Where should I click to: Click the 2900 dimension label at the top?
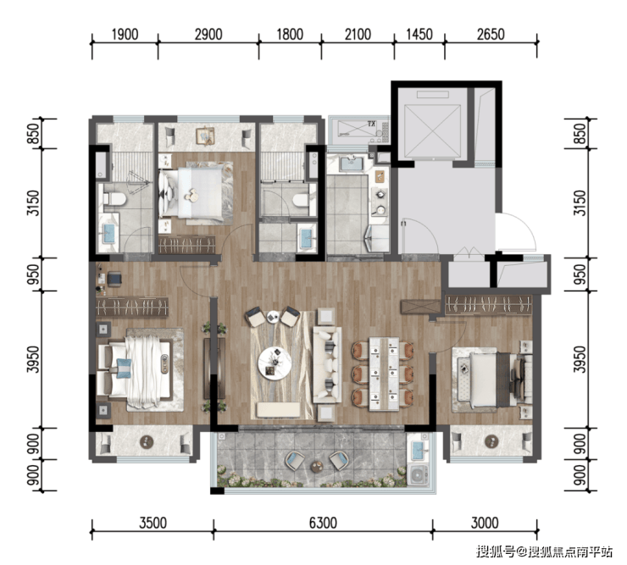click(x=208, y=35)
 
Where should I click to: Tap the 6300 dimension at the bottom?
click(x=323, y=523)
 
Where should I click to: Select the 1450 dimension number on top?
click(x=419, y=35)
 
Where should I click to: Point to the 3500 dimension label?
click(x=153, y=523)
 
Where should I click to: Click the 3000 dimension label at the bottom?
click(x=485, y=523)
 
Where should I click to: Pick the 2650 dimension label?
click(x=491, y=35)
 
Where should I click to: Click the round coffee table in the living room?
click(x=275, y=363)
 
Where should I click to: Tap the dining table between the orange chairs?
click(x=384, y=374)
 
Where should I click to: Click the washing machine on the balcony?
click(x=419, y=474)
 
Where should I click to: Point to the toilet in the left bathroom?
click(x=114, y=199)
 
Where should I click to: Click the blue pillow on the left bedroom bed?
click(x=124, y=368)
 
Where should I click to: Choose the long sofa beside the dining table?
click(x=327, y=365)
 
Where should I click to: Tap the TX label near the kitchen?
click(x=371, y=125)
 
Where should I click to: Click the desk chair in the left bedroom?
click(x=114, y=279)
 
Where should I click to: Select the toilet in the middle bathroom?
click(x=301, y=200)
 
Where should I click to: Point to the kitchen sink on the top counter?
click(x=352, y=163)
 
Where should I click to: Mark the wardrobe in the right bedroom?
click(x=489, y=305)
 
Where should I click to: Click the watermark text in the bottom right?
click(x=544, y=551)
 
